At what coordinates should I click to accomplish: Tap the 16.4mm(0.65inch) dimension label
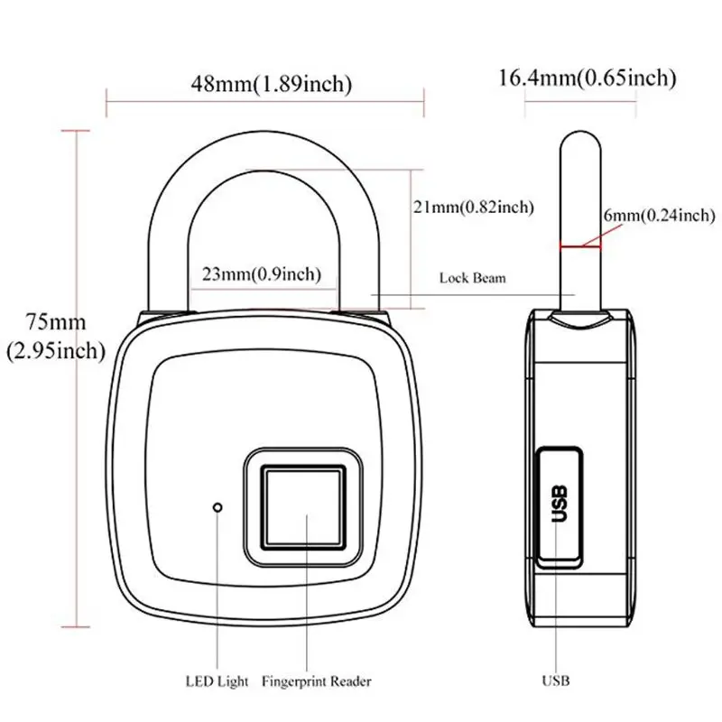point(587,78)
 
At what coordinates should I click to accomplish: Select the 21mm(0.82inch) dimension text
point(473,207)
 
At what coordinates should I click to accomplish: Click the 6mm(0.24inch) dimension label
point(660,215)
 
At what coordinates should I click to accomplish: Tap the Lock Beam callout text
point(472,278)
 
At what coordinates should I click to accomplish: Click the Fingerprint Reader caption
point(315,680)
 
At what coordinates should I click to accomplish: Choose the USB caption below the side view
point(557,680)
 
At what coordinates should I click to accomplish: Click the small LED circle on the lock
point(218,507)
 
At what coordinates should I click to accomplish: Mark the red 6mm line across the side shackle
point(579,244)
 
